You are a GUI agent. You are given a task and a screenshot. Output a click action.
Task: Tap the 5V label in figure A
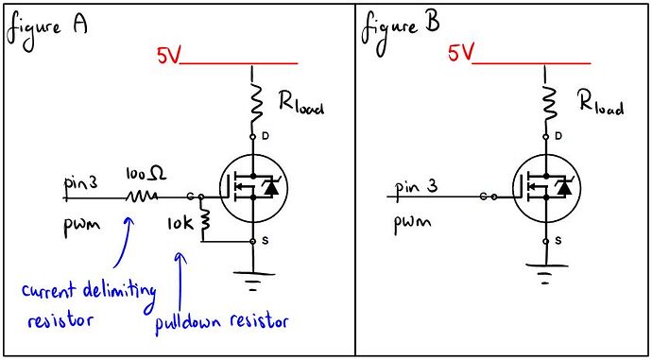(168, 57)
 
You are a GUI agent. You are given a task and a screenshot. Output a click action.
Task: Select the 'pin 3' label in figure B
(417, 186)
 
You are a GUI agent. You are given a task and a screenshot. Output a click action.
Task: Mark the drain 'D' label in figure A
(265, 138)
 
